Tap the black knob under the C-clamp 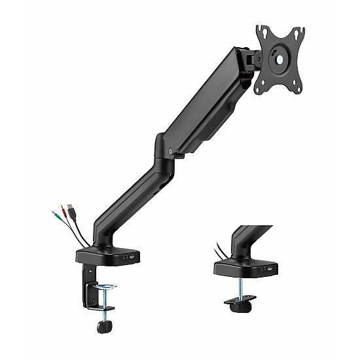tap(101, 325)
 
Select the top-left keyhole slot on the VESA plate tap(261, 30)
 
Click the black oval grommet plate tap(240, 301)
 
